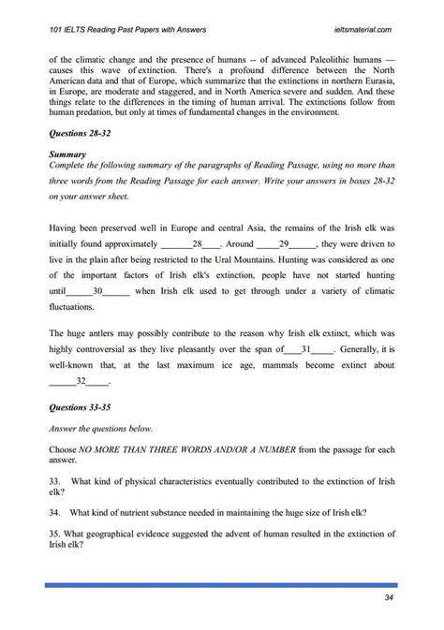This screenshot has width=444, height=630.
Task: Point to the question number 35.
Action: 52,534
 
